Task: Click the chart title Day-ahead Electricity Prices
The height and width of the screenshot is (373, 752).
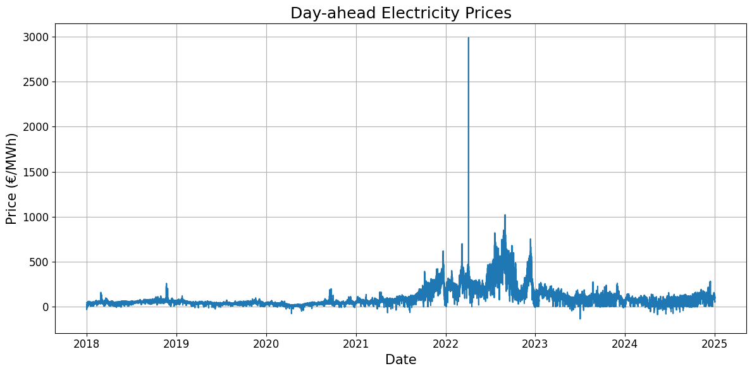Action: [400, 13]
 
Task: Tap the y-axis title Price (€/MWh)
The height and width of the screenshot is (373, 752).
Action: [11, 178]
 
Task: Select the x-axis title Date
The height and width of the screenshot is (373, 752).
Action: [400, 360]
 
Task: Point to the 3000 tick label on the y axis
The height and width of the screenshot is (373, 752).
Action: [36, 37]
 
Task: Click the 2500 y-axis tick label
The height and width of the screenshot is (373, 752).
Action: [36, 82]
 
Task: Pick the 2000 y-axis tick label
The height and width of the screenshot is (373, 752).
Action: [36, 127]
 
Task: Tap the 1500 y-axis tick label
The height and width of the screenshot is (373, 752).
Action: [36, 172]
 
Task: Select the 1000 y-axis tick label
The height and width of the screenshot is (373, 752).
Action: [36, 217]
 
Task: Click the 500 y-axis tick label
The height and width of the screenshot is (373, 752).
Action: [39, 262]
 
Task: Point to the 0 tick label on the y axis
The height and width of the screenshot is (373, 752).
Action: [46, 307]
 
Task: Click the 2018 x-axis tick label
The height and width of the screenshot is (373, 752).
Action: [87, 344]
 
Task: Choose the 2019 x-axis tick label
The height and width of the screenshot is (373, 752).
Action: [176, 344]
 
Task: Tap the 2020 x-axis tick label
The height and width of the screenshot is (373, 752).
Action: [266, 344]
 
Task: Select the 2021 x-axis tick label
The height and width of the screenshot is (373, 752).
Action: [356, 344]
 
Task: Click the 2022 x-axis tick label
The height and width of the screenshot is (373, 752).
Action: [446, 344]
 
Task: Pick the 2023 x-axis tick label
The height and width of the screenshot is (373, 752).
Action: [536, 344]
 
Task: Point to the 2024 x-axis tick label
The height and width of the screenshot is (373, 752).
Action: [626, 344]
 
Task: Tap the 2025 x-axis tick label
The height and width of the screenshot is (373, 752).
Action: [715, 344]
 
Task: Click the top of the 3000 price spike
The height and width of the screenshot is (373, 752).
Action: [468, 38]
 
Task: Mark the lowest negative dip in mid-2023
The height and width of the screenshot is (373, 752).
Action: [580, 318]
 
